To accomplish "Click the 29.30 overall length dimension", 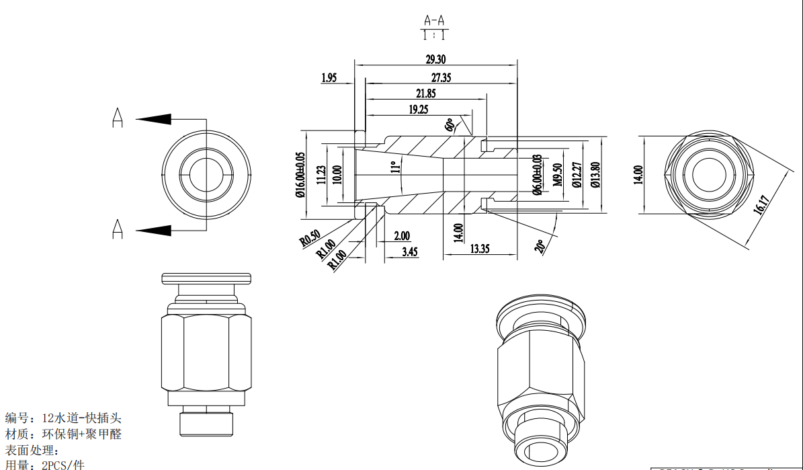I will tap(435, 59).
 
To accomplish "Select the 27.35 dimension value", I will tap(441, 77).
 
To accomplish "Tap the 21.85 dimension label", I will tap(425, 93).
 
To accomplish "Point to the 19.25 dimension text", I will tap(418, 109).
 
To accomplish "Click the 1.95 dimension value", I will tap(329, 78).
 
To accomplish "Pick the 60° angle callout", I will tap(450, 125).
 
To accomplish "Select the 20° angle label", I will tap(540, 246).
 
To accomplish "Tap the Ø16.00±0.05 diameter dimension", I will tap(300, 174).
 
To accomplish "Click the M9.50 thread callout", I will tap(557, 174).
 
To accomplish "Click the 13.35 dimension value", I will tap(480, 249).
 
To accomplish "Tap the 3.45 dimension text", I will tap(410, 251).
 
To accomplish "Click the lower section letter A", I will tap(118, 229).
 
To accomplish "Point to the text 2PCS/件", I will tap(63, 465).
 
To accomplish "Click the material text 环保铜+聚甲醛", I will tap(82, 434).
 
